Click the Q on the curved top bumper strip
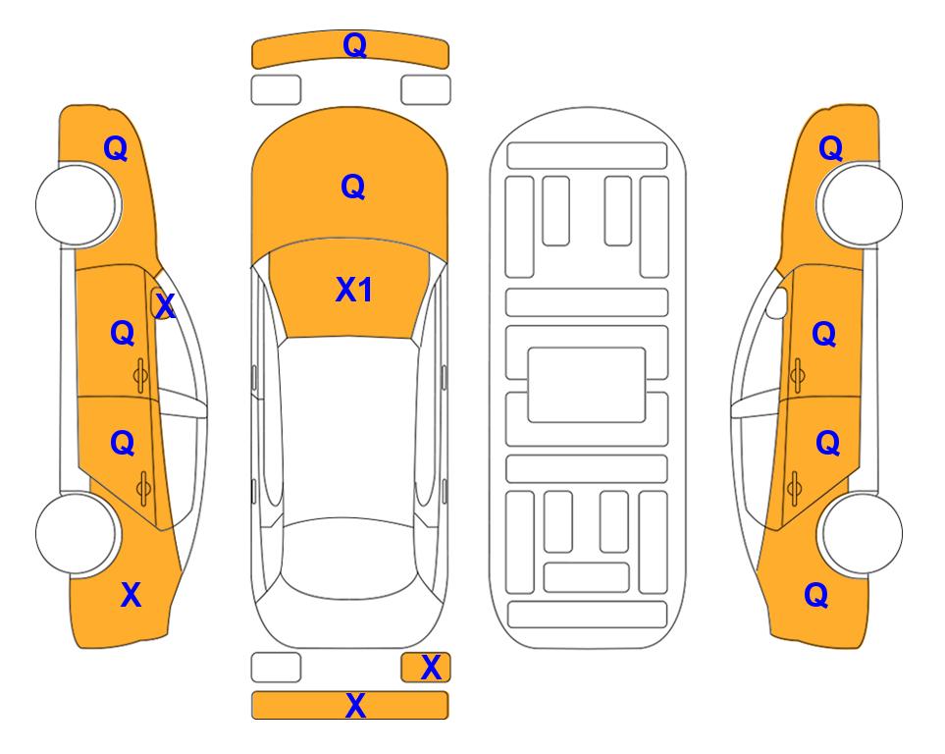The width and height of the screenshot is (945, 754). [x=354, y=45]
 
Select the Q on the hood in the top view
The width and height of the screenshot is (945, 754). [x=353, y=187]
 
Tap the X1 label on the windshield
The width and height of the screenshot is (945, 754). [x=354, y=290]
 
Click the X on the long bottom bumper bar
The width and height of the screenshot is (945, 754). [x=355, y=705]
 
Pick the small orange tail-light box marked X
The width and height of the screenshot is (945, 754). [x=426, y=668]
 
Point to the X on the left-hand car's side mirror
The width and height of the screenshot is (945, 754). [x=165, y=306]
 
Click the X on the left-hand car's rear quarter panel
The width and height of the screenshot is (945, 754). [x=131, y=595]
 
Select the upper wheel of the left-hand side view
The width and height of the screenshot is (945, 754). [x=78, y=204]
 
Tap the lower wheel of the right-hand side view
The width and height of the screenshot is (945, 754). [x=862, y=533]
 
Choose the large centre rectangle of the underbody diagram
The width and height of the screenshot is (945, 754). [x=587, y=385]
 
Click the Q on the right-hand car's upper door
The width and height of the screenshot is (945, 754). [x=824, y=334]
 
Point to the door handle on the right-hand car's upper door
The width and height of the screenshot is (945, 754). [x=797, y=375]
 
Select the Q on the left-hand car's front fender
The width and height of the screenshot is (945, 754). [x=116, y=148]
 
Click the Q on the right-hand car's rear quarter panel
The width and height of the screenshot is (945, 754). [x=816, y=595]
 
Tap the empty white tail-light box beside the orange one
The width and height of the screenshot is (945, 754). [x=276, y=668]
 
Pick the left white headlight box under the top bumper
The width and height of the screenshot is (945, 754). [x=276, y=90]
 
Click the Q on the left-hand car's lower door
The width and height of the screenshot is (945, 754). [x=123, y=444]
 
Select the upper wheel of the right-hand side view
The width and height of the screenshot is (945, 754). [x=862, y=204]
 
